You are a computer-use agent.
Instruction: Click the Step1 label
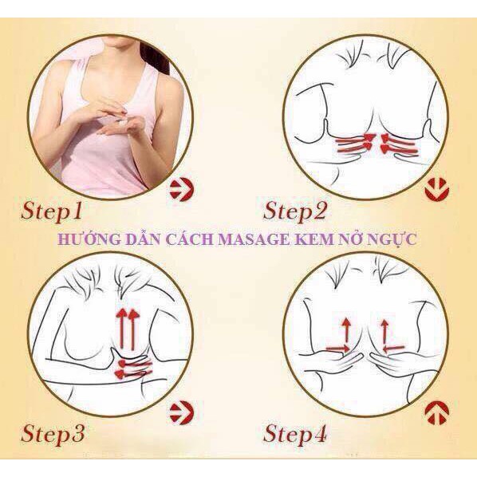click(x=52, y=211)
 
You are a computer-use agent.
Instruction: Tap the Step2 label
click(x=294, y=211)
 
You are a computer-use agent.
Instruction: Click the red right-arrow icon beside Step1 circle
click(x=182, y=190)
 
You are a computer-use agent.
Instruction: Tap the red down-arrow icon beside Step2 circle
click(x=436, y=190)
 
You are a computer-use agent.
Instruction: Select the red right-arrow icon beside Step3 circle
click(x=182, y=413)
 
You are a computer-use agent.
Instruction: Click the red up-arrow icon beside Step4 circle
click(x=436, y=413)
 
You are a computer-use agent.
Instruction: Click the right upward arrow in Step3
click(x=133, y=329)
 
